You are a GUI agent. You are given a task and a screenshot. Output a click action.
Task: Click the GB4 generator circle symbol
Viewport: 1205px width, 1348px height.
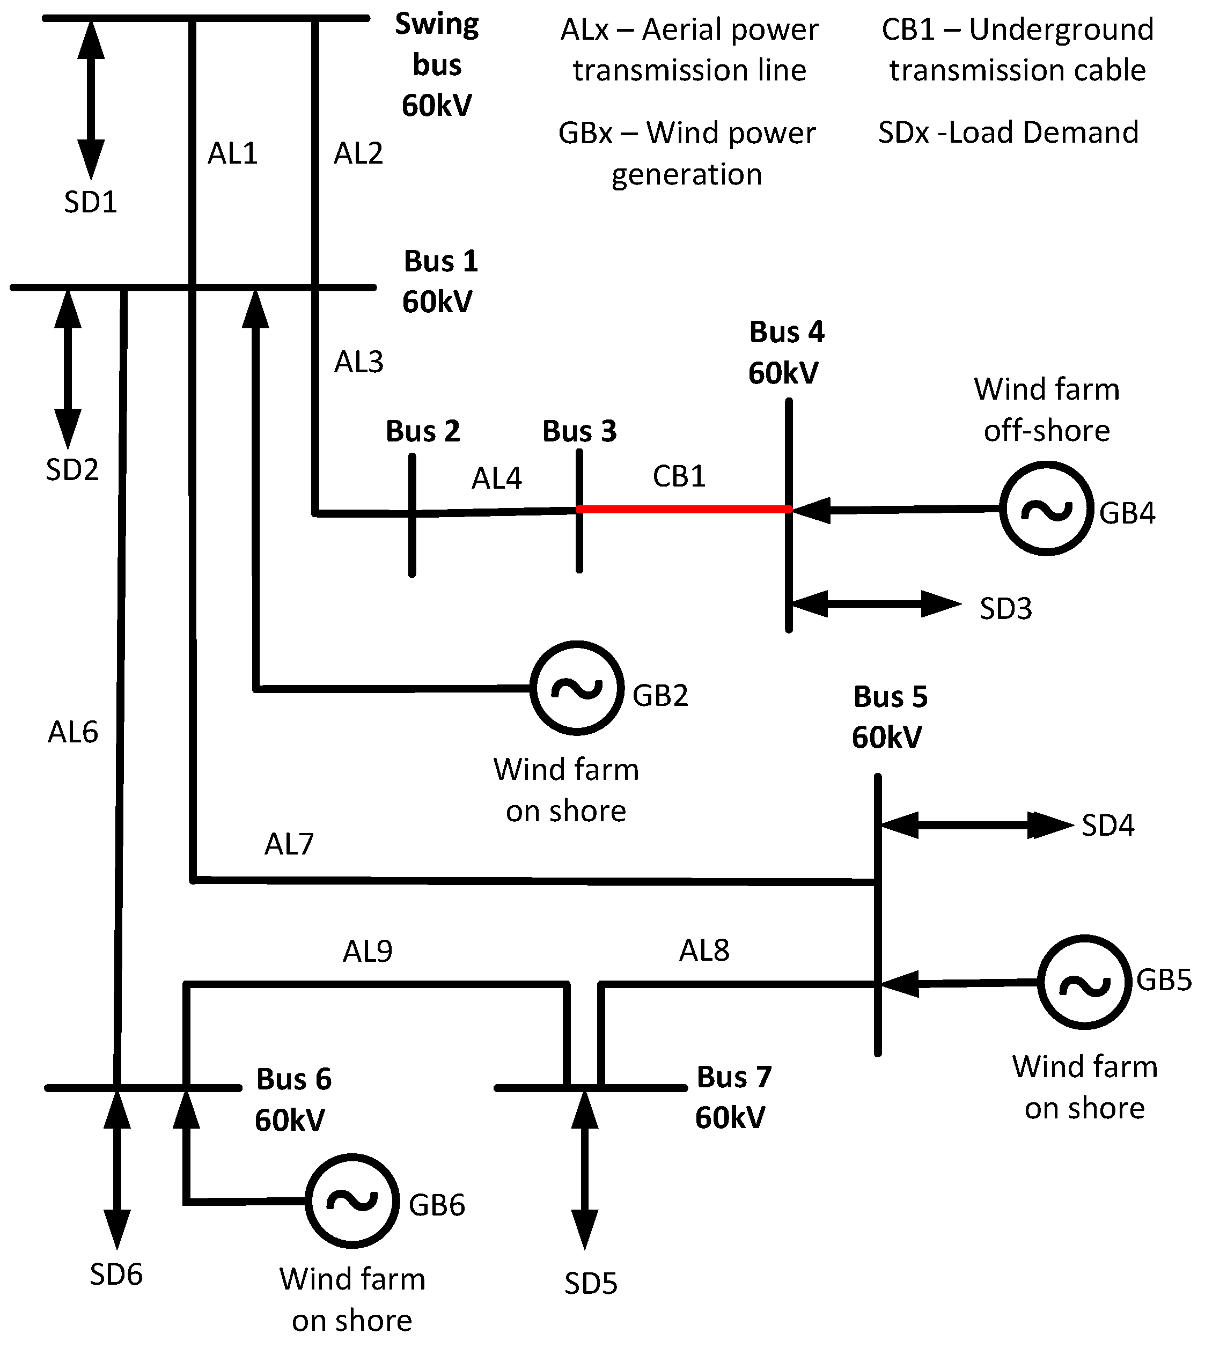(1046, 509)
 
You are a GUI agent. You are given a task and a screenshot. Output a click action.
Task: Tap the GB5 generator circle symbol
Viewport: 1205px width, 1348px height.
(1084, 982)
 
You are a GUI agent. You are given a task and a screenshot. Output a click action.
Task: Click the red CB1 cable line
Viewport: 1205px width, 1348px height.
(684, 509)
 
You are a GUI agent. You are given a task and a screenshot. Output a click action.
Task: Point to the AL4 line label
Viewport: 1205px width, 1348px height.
(497, 478)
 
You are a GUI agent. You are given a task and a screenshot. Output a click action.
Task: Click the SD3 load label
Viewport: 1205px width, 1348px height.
(1005, 608)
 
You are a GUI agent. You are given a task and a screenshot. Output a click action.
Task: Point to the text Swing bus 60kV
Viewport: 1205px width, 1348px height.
(437, 65)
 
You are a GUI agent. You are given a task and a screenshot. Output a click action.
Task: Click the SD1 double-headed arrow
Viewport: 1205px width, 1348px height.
(91, 99)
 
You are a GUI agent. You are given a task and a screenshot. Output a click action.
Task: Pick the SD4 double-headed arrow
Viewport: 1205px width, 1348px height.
(976, 825)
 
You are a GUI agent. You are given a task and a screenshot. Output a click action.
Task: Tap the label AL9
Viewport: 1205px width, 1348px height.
(368, 952)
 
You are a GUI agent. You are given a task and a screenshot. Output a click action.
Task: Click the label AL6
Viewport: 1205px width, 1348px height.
(73, 732)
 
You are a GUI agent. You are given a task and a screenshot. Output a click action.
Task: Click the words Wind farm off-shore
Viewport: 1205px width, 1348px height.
(1046, 409)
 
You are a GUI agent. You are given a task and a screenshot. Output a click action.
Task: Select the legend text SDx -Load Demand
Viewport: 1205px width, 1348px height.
(1008, 132)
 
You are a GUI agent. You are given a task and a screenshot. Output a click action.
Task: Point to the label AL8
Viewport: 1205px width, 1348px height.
(704, 951)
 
